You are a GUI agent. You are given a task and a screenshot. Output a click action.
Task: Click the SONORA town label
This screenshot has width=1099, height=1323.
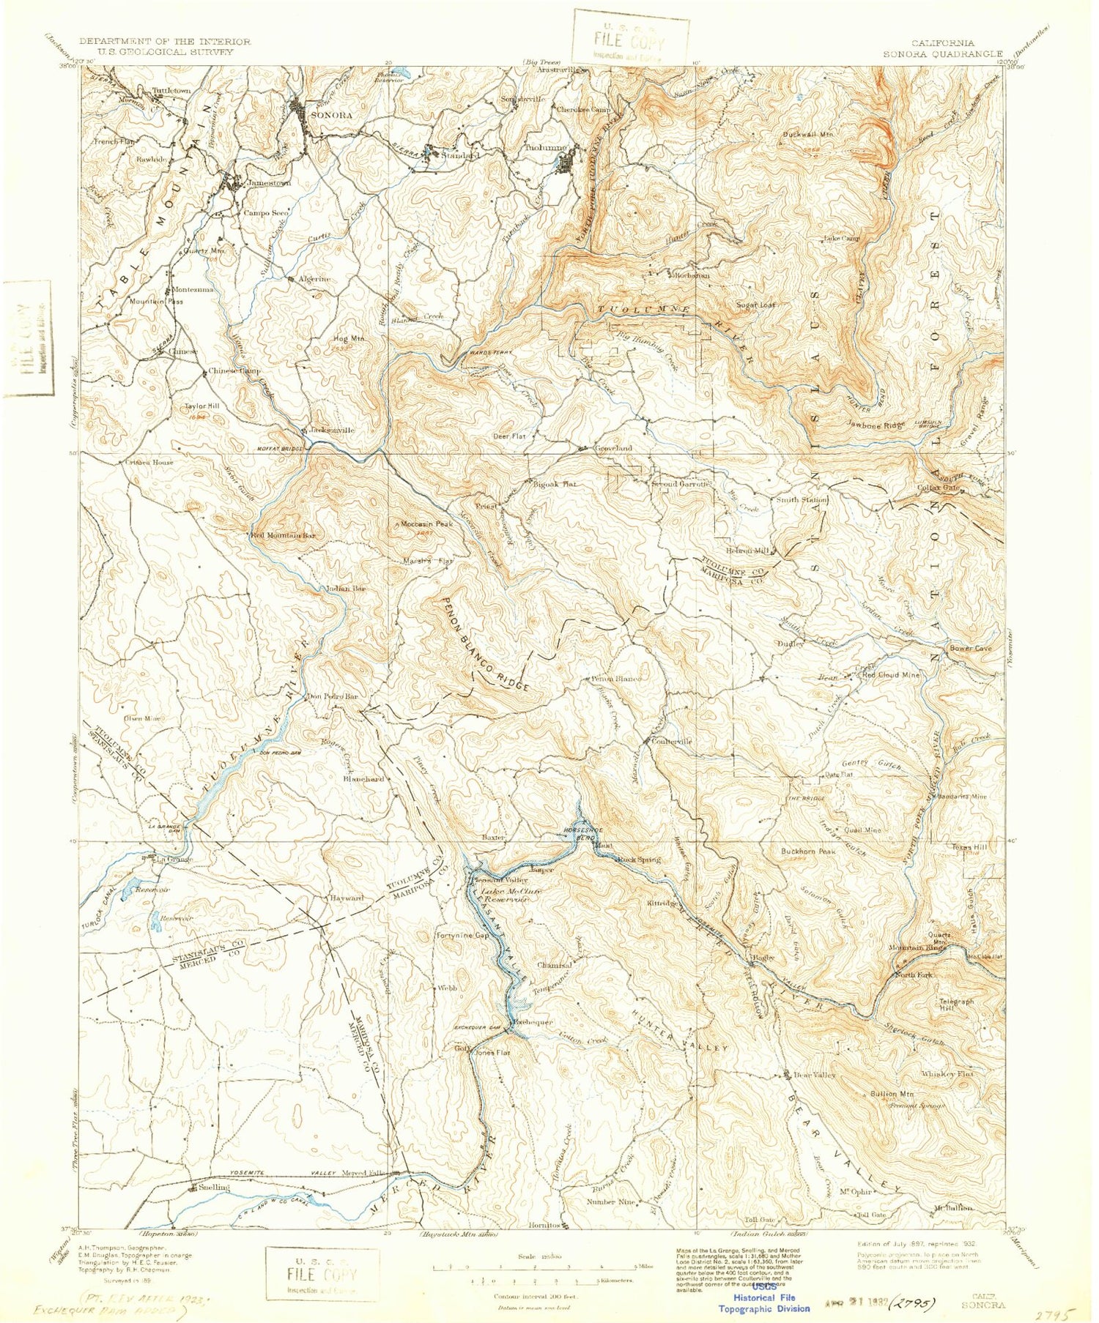[332, 116]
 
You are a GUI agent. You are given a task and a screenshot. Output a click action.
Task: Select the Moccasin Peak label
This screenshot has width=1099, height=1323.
[427, 524]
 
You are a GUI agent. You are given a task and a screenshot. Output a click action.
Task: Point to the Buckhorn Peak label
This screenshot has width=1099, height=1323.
[807, 852]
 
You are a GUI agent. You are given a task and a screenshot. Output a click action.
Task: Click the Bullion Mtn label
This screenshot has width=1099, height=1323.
[892, 1094]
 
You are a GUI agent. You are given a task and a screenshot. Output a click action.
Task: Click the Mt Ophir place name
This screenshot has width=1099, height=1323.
[855, 1191]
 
